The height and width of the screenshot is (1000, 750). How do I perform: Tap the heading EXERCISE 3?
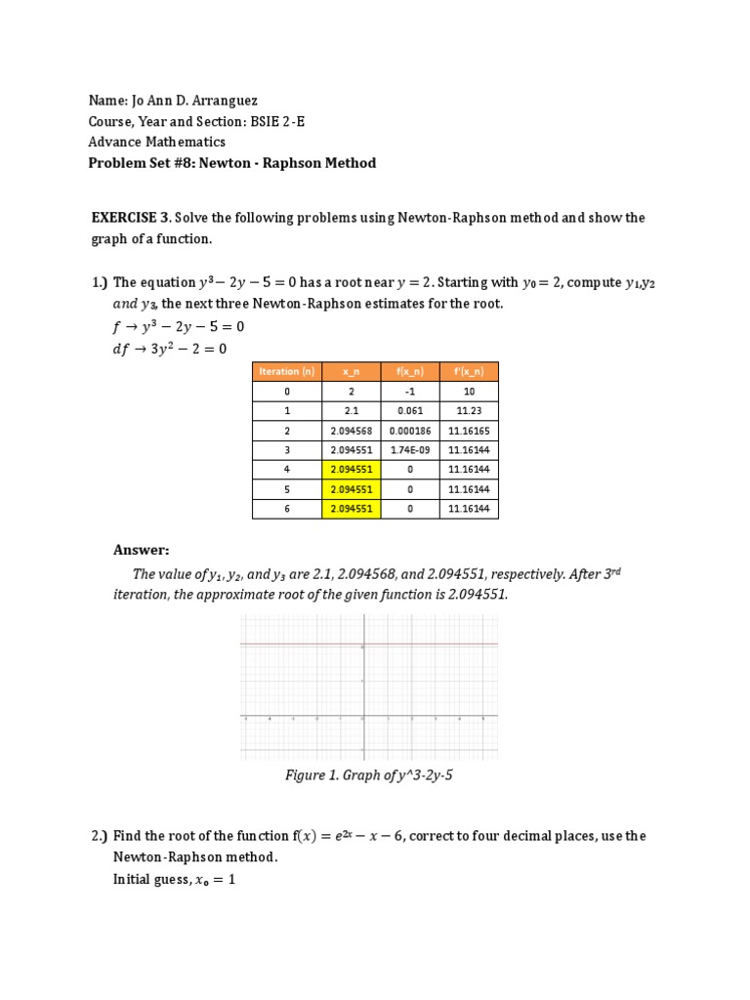(130, 218)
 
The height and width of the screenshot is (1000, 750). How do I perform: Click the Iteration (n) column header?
(286, 371)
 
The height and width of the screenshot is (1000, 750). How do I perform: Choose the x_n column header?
(352, 371)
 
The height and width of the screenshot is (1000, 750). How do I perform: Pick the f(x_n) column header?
(410, 371)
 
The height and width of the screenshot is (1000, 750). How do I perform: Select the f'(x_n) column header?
(469, 371)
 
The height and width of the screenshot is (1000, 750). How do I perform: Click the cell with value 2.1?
(352, 411)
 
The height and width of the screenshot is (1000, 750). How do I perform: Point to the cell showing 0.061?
(410, 411)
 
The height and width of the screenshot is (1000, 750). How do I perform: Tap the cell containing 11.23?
(469, 411)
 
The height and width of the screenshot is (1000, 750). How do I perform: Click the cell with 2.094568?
(352, 431)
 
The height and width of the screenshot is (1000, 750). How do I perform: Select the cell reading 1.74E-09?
(410, 450)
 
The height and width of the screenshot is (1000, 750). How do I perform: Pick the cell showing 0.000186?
(410, 431)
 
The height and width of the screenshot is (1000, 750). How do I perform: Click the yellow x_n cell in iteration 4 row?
(352, 470)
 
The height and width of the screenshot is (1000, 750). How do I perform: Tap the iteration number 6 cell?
(286, 509)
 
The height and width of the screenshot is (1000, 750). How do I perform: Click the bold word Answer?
(142, 550)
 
